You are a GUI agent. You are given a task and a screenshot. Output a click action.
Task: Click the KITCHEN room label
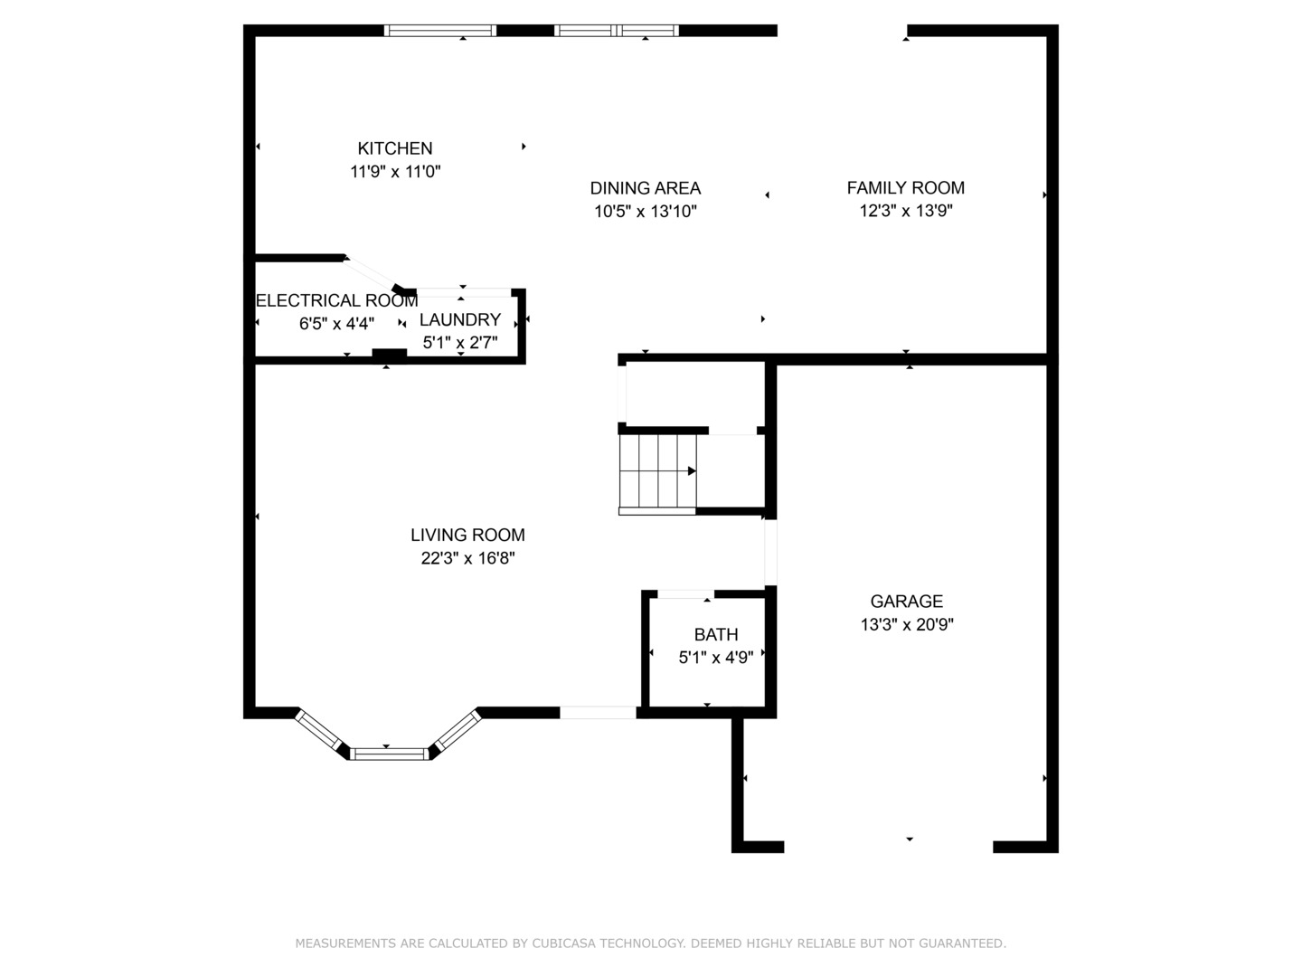[394, 147]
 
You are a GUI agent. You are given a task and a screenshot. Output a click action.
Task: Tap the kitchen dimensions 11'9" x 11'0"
[395, 172]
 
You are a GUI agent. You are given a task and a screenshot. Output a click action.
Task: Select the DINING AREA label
[646, 188]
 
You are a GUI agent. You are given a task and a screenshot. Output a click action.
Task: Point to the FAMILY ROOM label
[906, 187]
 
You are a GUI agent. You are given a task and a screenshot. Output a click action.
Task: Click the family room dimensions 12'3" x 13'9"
[906, 211]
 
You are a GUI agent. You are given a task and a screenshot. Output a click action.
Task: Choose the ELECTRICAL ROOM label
[337, 300]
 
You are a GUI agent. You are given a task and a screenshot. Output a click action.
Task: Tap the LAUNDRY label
[460, 319]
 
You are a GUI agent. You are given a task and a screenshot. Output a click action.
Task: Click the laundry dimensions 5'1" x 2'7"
[460, 342]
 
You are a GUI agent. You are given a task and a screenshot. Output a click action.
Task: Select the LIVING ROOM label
[468, 535]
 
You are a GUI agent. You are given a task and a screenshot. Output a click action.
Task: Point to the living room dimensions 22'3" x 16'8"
[468, 558]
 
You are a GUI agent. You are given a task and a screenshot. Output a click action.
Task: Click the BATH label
[716, 635]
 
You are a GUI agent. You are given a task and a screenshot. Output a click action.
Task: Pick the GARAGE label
[906, 602]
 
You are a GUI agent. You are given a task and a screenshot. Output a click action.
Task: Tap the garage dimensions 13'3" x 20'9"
[907, 624]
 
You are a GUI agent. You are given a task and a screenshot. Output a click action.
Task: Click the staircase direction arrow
[692, 471]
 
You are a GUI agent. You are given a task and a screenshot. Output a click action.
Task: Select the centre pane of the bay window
[389, 754]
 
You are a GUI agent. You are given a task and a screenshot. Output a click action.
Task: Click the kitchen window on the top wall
[439, 31]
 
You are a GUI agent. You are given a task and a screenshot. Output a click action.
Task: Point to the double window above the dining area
[617, 31]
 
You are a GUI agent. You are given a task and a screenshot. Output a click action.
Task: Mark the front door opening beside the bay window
[598, 713]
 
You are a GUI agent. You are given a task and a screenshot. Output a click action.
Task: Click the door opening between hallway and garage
[770, 552]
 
